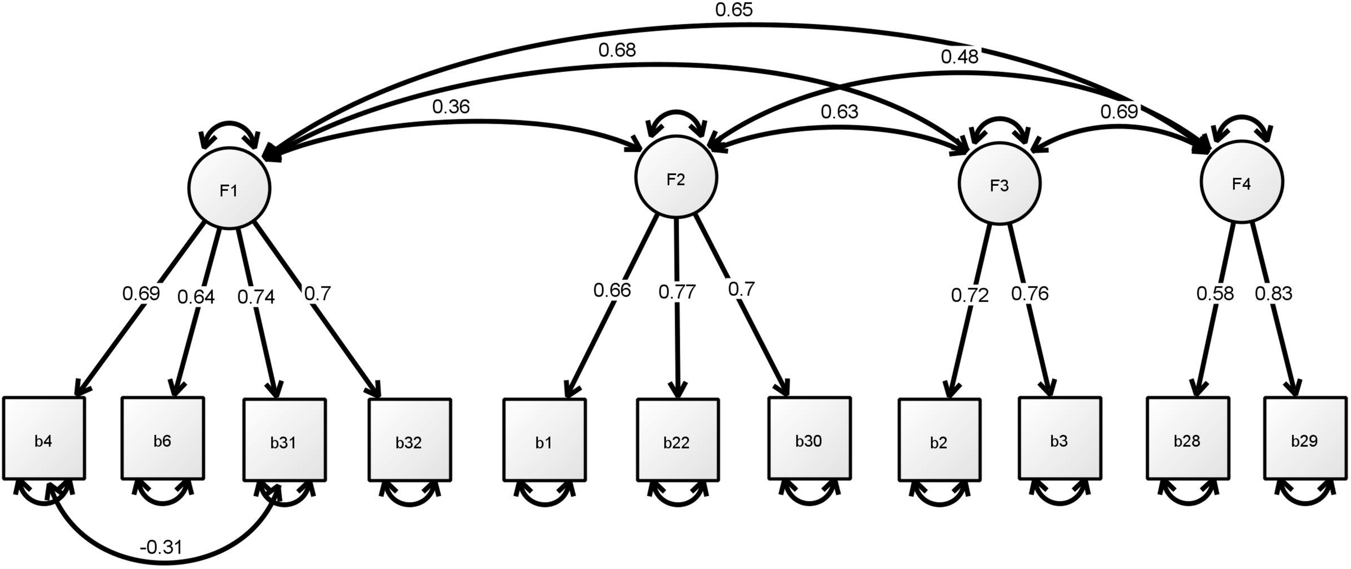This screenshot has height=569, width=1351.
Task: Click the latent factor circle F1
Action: coord(229,188)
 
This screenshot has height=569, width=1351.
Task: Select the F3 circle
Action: coord(999,185)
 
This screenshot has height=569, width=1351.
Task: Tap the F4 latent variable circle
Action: coord(1241,184)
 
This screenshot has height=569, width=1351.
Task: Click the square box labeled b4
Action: coord(44,438)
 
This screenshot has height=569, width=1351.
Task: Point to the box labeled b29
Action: coord(1305,438)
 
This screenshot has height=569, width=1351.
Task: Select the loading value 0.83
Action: coord(1273,294)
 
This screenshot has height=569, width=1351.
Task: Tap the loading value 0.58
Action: coord(1215,294)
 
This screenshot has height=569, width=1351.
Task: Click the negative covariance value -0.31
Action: coord(161,548)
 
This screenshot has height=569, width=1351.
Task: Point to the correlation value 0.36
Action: coord(451,107)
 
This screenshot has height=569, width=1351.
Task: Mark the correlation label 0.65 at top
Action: coord(734,10)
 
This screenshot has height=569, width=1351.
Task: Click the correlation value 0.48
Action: coord(959,57)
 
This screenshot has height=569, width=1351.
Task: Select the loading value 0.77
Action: coord(677,293)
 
